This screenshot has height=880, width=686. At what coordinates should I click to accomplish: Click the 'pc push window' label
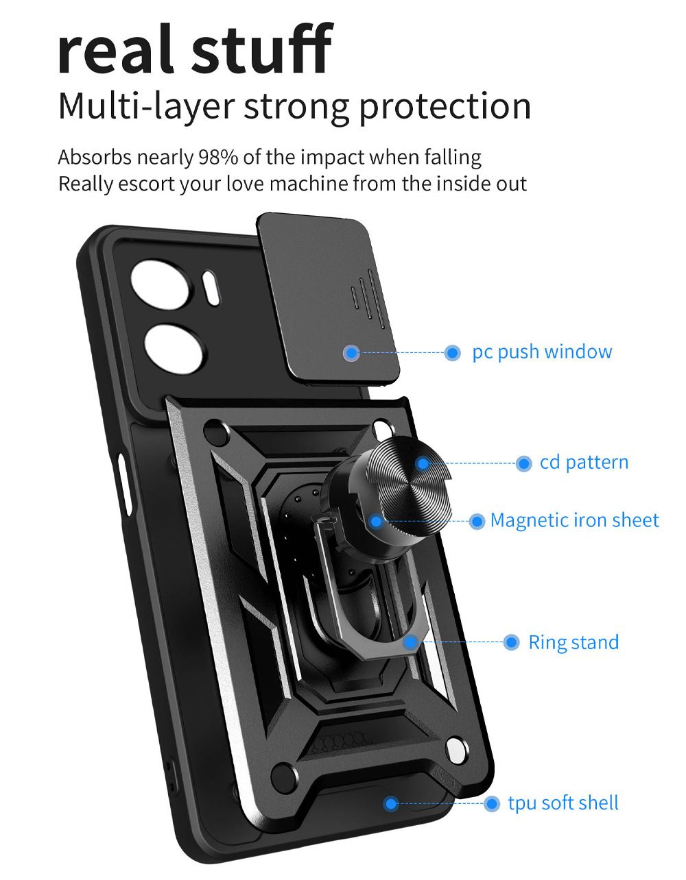541,352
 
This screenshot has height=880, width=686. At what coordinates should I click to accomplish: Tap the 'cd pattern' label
584,463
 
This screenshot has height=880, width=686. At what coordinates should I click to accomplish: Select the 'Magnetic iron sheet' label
574,521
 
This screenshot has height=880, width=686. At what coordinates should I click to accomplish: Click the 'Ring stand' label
573,643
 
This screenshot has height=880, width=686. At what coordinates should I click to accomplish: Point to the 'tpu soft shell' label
563,803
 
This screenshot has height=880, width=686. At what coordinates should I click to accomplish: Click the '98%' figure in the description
218,158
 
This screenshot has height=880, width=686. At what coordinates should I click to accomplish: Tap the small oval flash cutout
212,288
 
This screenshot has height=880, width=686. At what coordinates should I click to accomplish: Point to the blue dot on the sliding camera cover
352,353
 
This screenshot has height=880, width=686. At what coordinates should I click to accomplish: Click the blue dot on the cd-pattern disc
423,464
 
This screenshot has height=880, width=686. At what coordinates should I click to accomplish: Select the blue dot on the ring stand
410,642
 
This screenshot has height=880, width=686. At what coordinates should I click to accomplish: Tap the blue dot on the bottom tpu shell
390,803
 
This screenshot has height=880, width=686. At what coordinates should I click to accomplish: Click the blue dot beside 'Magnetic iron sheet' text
477,522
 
